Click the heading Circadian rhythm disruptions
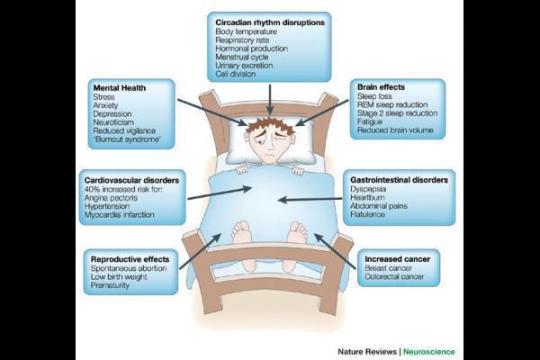pos(269,20)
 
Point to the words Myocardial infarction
pos(123,215)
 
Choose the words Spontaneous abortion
pos(129,269)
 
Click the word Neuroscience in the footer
pos(428,351)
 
